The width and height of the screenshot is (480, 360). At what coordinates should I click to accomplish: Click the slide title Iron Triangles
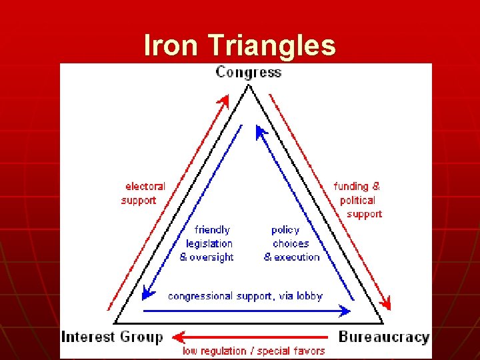pyautogui.click(x=240, y=45)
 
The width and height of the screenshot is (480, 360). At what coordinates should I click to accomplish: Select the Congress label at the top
pyautogui.click(x=248, y=72)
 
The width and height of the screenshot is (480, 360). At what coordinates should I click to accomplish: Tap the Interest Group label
pyautogui.click(x=111, y=337)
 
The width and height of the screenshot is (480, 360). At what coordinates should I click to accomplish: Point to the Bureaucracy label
pyautogui.click(x=383, y=337)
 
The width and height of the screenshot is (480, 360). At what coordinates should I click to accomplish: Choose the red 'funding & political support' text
pyautogui.click(x=358, y=200)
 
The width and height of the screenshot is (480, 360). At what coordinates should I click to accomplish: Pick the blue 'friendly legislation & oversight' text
pyautogui.click(x=207, y=243)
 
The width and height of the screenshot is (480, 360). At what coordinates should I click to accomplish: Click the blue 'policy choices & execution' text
pyautogui.click(x=291, y=243)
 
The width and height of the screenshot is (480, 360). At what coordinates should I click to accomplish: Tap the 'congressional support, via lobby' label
pyautogui.click(x=245, y=296)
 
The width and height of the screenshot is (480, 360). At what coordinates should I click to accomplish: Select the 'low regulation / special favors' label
pyautogui.click(x=254, y=351)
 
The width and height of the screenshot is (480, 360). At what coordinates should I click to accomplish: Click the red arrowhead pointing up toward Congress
pyautogui.click(x=224, y=101)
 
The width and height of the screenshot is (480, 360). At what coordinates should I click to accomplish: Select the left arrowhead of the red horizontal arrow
pyautogui.click(x=176, y=337)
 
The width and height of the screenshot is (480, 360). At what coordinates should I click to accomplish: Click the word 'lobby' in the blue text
pyautogui.click(x=309, y=296)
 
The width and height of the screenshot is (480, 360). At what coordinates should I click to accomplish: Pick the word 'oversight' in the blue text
pyautogui.click(x=211, y=257)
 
